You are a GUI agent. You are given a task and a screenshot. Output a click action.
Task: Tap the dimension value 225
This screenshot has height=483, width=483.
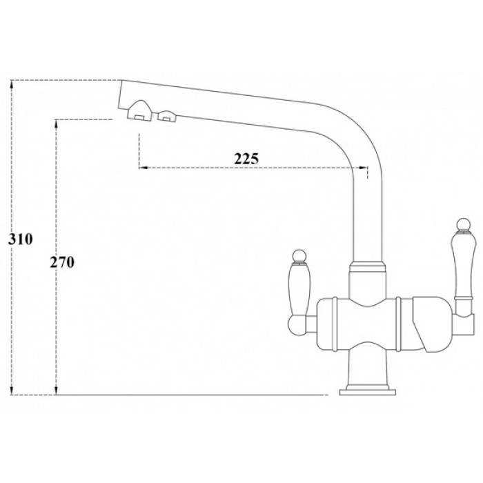click(x=246, y=158)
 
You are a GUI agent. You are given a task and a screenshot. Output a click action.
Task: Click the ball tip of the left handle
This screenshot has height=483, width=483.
click(x=300, y=256)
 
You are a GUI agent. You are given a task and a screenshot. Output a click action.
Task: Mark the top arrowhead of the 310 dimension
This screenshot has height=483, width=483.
click(x=12, y=83)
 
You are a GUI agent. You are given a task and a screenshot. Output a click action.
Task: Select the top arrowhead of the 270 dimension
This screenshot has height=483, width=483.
click(x=55, y=123)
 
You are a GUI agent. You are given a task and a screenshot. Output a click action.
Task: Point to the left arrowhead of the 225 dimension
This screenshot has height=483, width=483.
click(x=142, y=167)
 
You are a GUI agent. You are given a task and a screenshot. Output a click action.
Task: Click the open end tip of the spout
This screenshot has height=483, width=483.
click(x=121, y=97)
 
